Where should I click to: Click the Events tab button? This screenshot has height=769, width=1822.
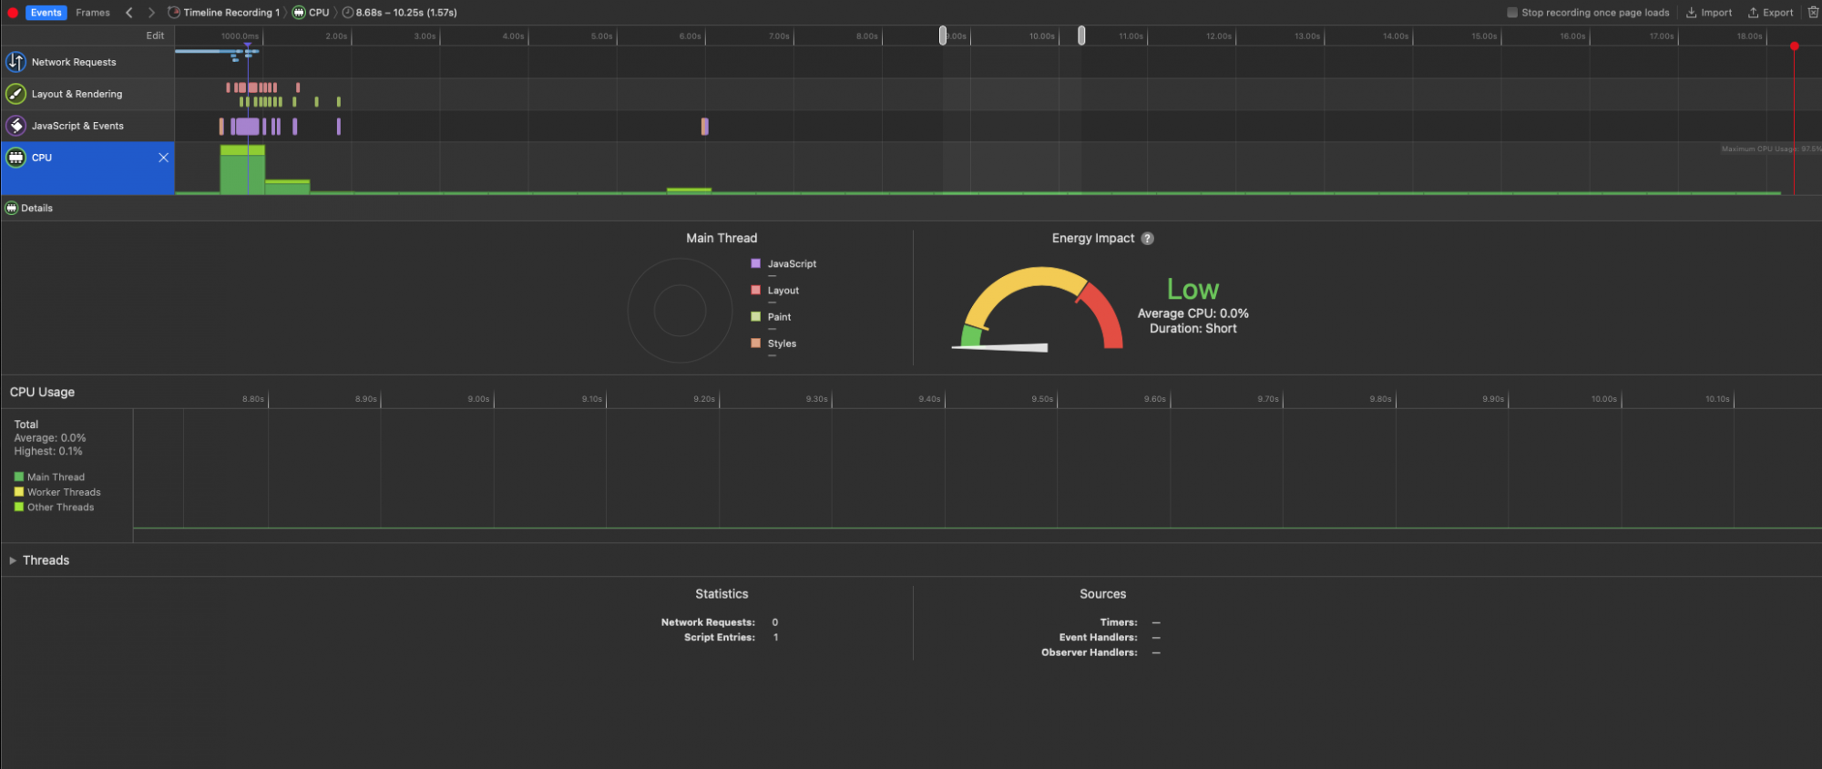(x=46, y=13)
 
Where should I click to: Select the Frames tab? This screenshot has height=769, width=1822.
(x=93, y=13)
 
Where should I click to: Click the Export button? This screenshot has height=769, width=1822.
(x=1770, y=13)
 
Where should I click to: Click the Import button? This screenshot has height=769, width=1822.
(x=1709, y=13)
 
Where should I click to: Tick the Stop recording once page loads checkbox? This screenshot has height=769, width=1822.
(x=1512, y=13)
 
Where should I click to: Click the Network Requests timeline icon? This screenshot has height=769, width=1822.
(x=15, y=62)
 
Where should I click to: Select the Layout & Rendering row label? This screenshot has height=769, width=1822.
(x=77, y=94)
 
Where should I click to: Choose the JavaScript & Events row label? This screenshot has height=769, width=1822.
(x=77, y=126)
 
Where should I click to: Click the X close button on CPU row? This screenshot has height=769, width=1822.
(x=163, y=158)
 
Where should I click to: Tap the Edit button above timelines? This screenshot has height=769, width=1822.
(x=155, y=36)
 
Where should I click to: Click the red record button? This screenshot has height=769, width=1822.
(x=13, y=13)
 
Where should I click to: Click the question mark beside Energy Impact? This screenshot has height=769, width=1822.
(x=1148, y=239)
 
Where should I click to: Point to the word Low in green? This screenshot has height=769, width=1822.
(x=1192, y=290)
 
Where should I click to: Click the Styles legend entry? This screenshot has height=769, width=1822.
(x=781, y=343)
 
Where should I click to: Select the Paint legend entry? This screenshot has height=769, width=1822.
(x=778, y=317)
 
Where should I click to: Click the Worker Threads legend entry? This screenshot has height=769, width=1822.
(x=63, y=492)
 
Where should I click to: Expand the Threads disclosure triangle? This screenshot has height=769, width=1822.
(x=13, y=560)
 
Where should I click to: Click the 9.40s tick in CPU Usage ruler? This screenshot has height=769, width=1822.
(x=929, y=399)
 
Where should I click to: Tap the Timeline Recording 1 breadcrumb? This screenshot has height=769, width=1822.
(x=230, y=13)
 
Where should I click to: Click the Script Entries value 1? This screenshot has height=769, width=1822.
(x=775, y=638)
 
